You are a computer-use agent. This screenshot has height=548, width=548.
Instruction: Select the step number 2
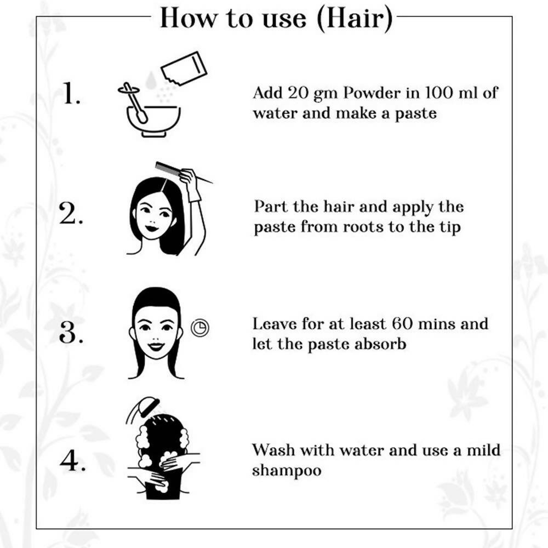tap(71, 213)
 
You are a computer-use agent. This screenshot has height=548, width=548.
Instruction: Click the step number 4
tap(72, 460)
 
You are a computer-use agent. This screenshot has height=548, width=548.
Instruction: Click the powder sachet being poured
tap(184, 69)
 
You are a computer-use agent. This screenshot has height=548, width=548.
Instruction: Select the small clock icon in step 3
tap(200, 328)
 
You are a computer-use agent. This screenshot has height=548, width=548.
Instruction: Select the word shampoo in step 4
tap(287, 470)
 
